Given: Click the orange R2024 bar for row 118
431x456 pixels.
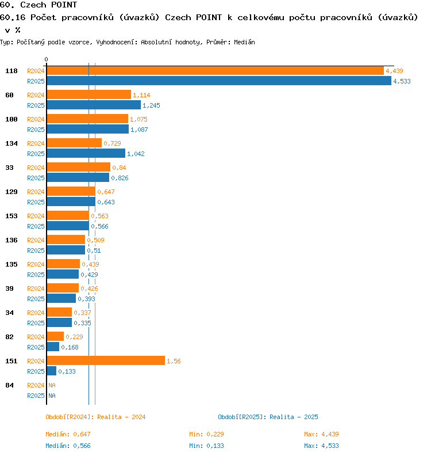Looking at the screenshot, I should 215,71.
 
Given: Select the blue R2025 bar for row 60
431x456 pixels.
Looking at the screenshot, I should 94,105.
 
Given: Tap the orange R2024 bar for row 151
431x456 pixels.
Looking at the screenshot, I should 106,361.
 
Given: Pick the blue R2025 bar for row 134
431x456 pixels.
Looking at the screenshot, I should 86,154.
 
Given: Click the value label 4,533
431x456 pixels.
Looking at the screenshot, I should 402,81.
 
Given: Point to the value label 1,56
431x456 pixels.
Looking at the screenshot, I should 174,361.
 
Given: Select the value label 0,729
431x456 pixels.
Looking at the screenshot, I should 112,143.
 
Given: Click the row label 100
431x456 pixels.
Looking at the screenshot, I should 11,119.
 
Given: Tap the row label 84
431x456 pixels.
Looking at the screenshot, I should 9,385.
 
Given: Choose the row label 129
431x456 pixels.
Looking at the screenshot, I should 11,192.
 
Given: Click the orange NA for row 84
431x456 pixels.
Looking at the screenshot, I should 52,385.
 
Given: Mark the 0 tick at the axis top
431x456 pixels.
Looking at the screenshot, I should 46,59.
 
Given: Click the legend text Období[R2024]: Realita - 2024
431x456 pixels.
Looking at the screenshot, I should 95,417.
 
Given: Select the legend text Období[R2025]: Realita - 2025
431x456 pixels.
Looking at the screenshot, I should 268,417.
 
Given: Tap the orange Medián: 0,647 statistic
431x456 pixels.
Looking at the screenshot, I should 68,434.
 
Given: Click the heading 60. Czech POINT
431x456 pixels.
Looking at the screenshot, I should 39,5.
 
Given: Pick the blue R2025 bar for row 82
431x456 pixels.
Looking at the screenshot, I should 53,347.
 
